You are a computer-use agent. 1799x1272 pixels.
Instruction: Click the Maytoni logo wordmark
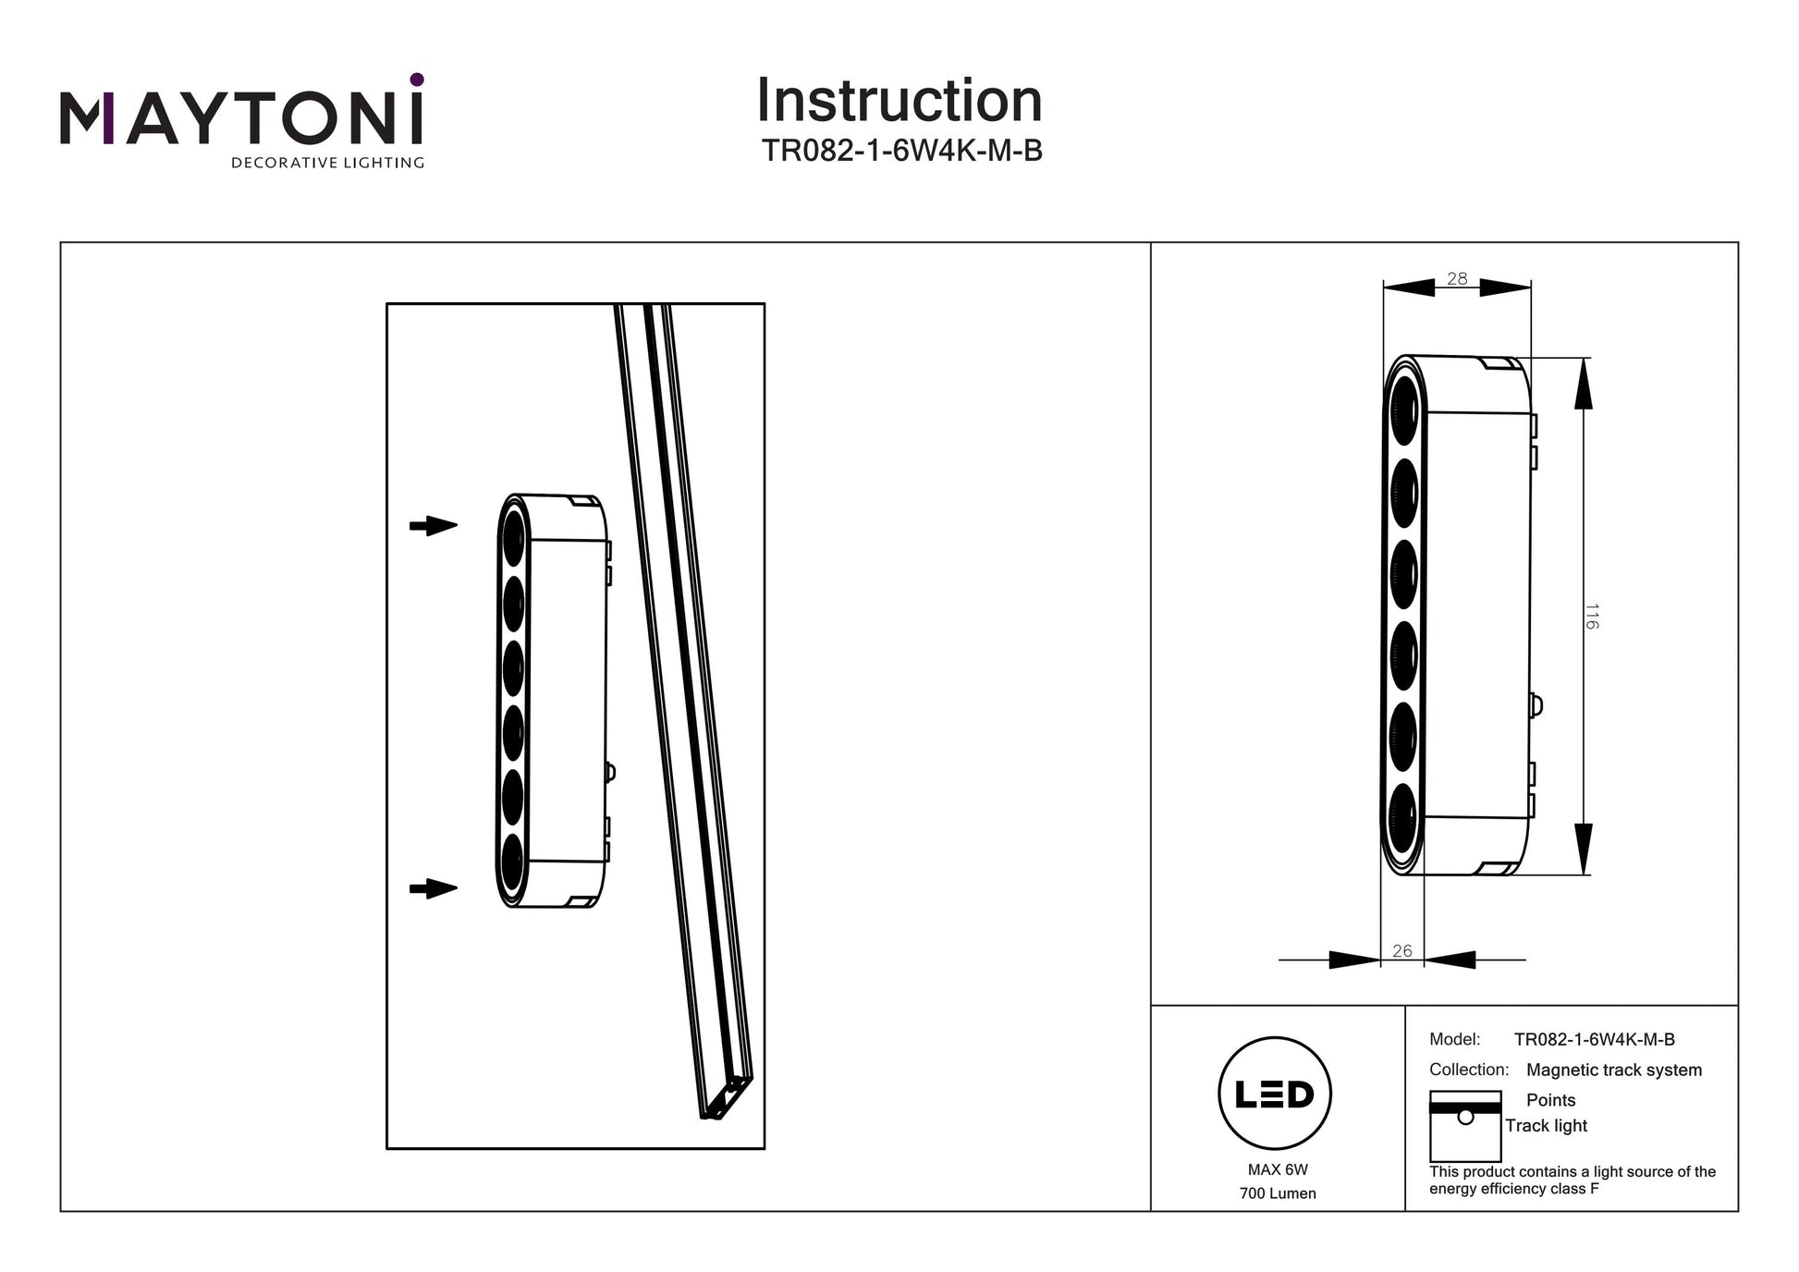tap(241, 117)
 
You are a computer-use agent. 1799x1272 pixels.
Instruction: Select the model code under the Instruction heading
tap(901, 151)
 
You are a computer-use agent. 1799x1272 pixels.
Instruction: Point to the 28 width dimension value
tap(1457, 278)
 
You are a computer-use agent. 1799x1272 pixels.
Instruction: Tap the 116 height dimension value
tap(1591, 616)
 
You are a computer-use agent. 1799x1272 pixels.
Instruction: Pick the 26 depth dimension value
tap(1401, 950)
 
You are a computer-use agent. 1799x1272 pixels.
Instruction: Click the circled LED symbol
tap(1275, 1094)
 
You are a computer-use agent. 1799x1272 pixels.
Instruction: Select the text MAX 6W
tap(1278, 1169)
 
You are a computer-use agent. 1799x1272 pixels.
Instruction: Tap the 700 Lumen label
tap(1278, 1193)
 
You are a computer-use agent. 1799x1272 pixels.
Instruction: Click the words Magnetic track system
tap(1613, 1070)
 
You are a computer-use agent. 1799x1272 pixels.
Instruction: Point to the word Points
tap(1550, 1100)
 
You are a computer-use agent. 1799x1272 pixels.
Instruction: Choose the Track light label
tap(1546, 1126)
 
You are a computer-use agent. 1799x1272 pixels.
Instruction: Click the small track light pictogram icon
tap(1465, 1126)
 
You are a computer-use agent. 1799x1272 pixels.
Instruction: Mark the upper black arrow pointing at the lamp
tap(434, 526)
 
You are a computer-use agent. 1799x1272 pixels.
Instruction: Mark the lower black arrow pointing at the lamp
tap(434, 888)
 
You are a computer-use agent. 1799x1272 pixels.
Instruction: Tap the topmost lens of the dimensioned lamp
tap(1403, 410)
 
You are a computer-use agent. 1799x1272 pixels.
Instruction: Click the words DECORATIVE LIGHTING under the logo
tap(327, 164)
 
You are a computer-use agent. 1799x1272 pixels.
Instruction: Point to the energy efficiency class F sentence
tap(1572, 1180)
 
